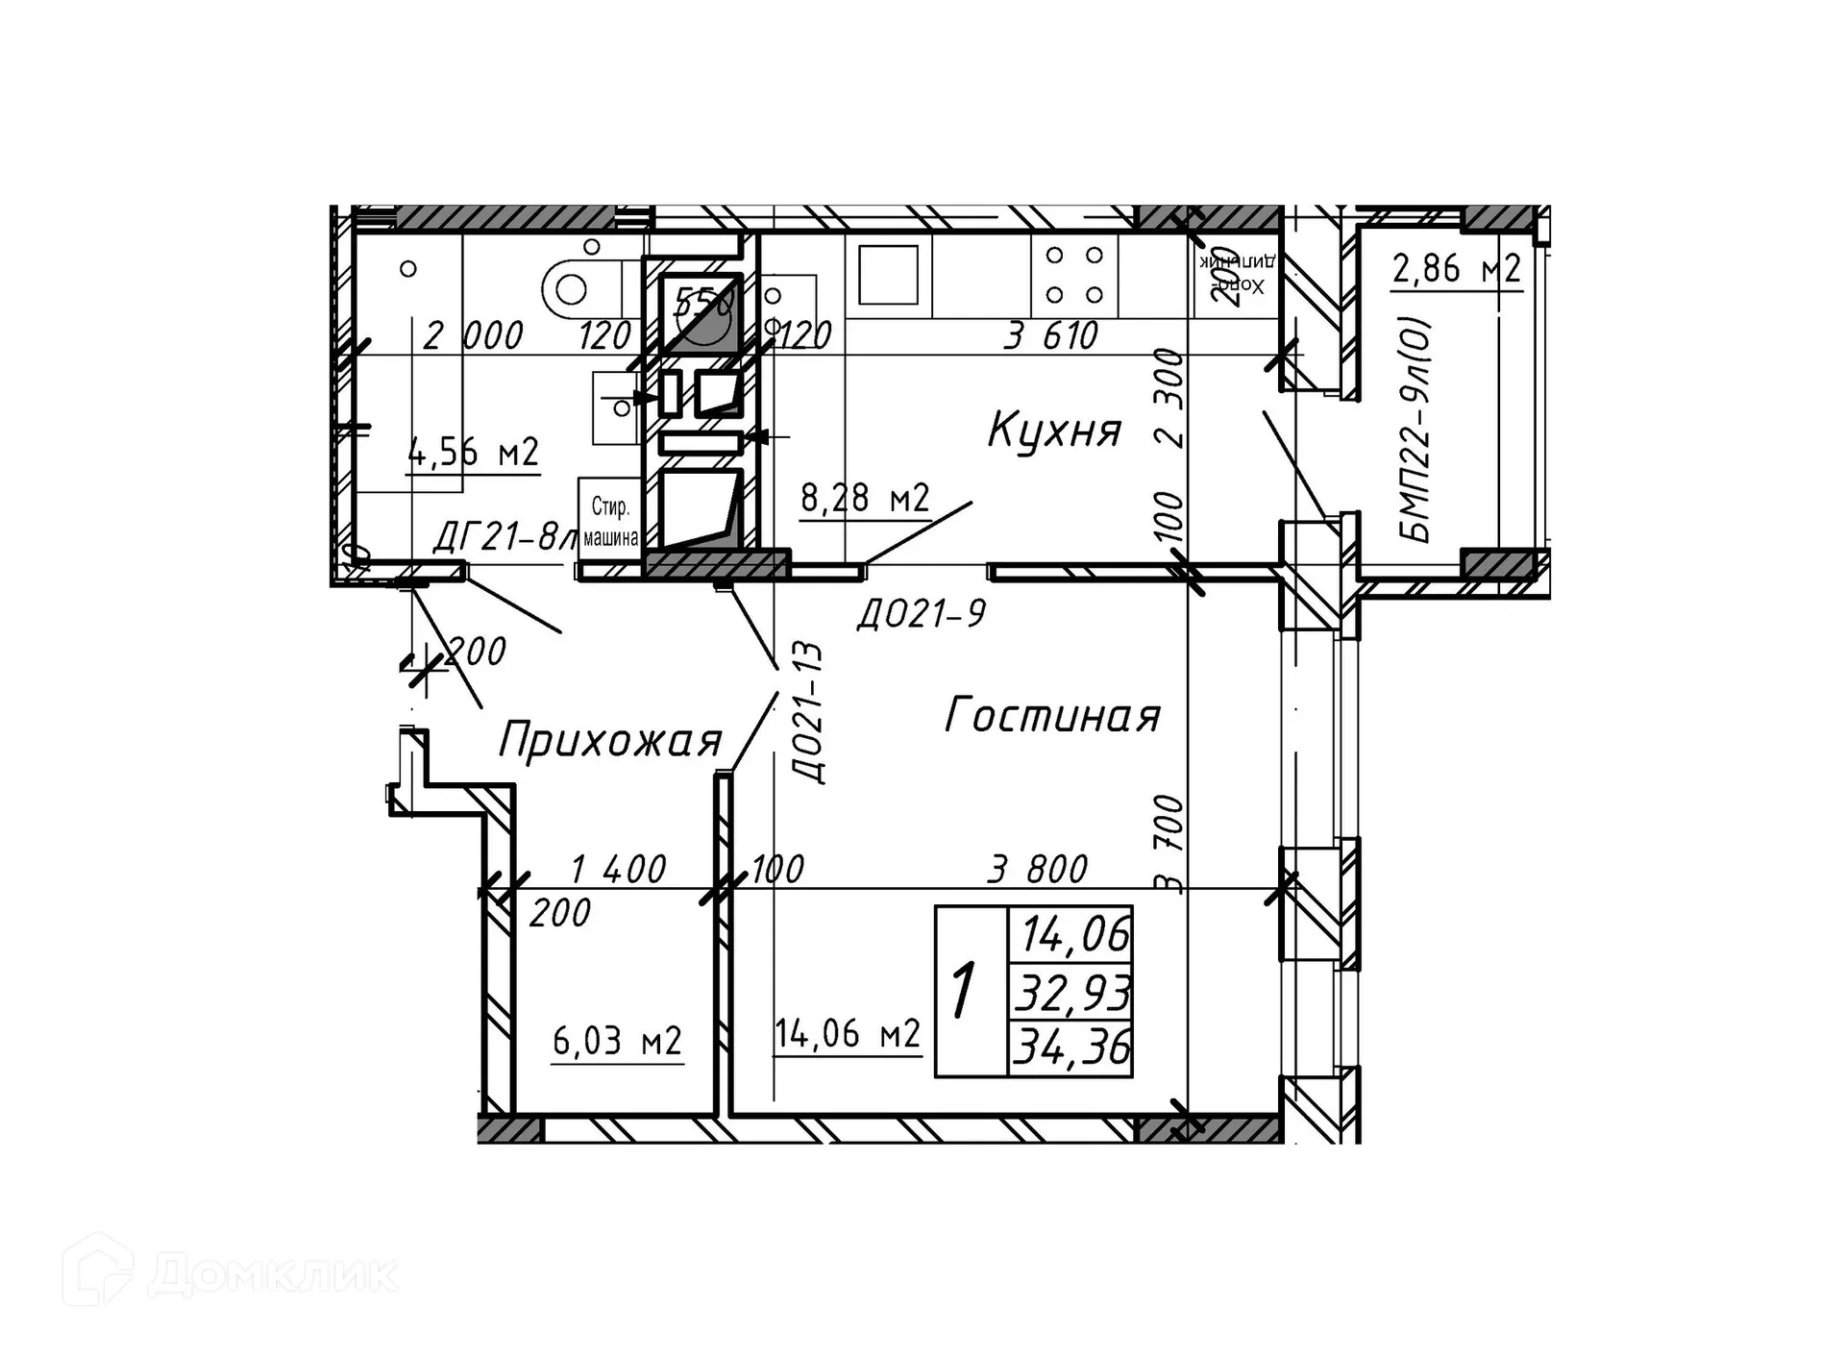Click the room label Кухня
pyautogui.click(x=1054, y=430)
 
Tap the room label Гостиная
pyautogui.click(x=1052, y=716)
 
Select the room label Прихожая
pyautogui.click(x=609, y=741)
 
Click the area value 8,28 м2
pyautogui.click(x=864, y=498)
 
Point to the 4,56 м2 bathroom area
pyautogui.click(x=473, y=452)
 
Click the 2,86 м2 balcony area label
pyautogui.click(x=1456, y=268)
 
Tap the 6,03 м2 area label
pyautogui.click(x=616, y=1040)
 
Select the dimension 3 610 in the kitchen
pyautogui.click(x=1050, y=335)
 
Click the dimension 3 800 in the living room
pyautogui.click(x=1037, y=870)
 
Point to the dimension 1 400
pyautogui.click(x=617, y=870)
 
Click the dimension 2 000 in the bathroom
pyautogui.click(x=473, y=335)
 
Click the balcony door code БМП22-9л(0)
pyautogui.click(x=1416, y=430)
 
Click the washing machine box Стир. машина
pyautogui.click(x=609, y=520)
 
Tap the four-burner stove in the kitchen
pyautogui.click(x=1073, y=275)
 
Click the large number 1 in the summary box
pyautogui.click(x=964, y=991)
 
